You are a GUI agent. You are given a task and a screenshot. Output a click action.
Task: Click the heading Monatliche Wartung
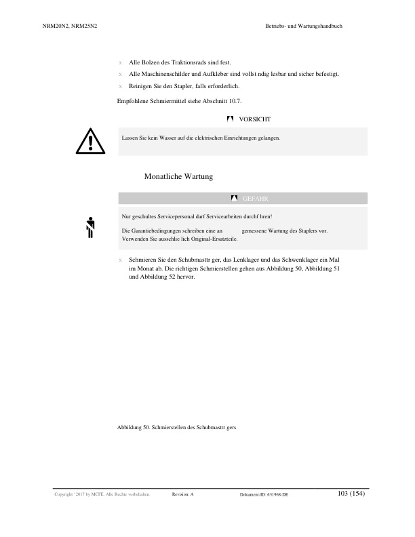point(178,176)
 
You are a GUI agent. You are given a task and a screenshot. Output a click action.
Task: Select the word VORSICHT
point(255,119)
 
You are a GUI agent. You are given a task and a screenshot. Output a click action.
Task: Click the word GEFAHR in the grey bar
point(256,198)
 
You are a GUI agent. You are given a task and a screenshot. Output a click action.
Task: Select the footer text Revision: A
point(183,495)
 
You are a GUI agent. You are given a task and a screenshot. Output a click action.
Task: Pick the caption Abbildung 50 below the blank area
point(176,428)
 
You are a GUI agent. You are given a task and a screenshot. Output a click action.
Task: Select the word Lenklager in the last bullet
point(236,260)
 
